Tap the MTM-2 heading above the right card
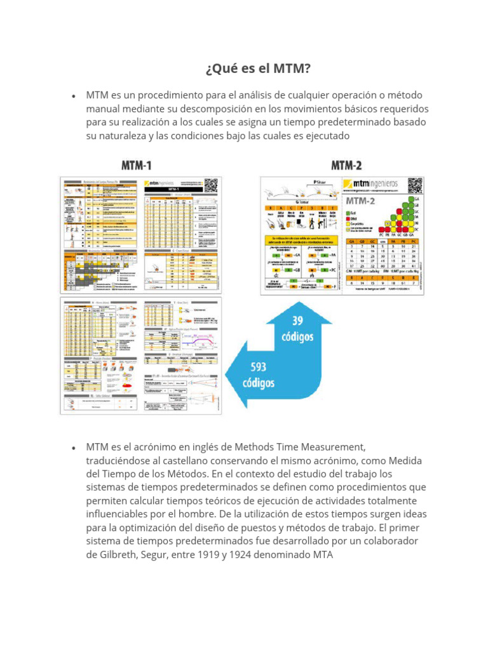point(346,166)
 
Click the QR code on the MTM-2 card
point(415,185)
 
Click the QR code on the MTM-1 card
point(211,185)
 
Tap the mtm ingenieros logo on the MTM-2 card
point(370,184)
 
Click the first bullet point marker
point(74,96)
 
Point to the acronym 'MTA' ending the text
point(322,555)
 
